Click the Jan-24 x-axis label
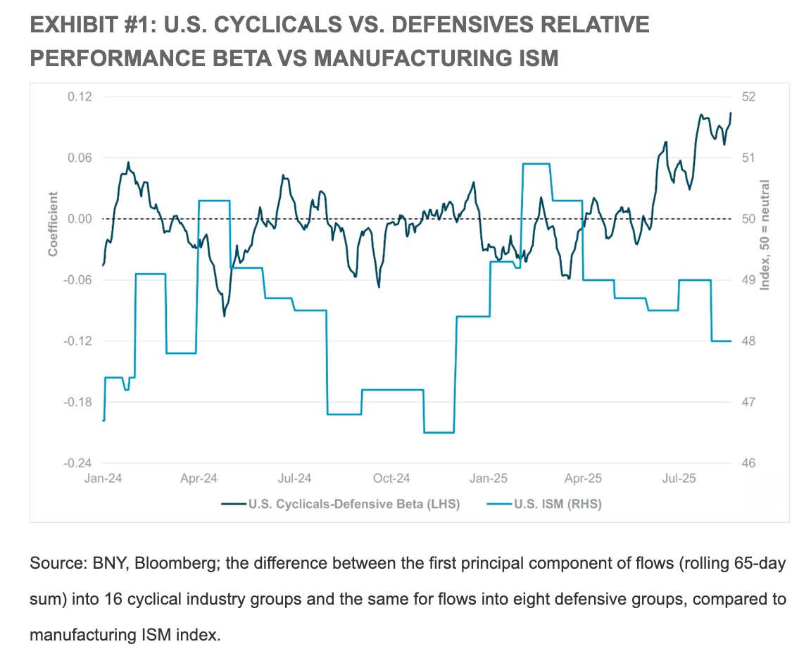103,479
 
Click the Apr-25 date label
584,479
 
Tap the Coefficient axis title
53,223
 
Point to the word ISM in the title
533,58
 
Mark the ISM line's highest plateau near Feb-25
536,164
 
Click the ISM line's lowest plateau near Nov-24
439,432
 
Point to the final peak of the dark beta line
731,113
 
